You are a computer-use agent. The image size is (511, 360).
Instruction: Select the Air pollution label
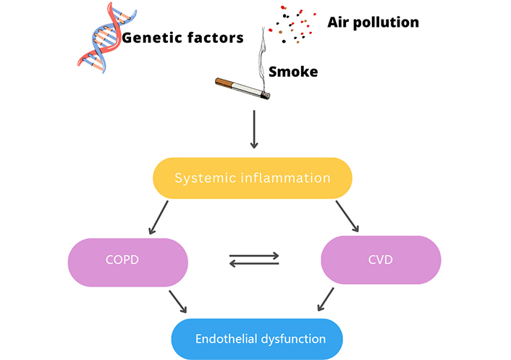tap(373, 22)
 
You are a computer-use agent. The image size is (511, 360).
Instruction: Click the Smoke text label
tap(293, 72)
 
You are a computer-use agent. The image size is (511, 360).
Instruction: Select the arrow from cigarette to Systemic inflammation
tap(253, 129)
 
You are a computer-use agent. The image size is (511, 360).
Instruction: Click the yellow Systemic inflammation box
tap(253, 177)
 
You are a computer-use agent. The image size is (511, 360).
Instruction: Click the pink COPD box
tap(127, 261)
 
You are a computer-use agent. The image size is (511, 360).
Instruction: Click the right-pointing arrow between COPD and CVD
tap(254, 255)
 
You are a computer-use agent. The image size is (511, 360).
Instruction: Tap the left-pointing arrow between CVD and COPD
tap(254, 264)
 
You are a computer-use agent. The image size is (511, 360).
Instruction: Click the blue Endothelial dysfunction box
tap(256, 338)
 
